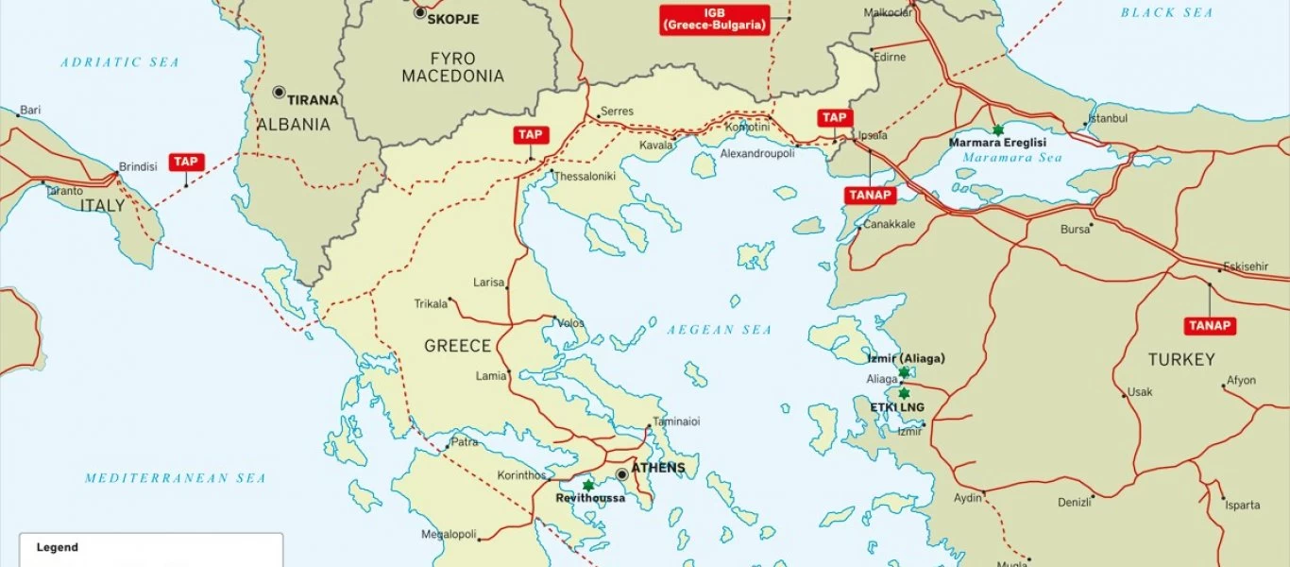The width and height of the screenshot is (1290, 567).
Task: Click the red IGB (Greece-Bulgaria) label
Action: pos(715,20)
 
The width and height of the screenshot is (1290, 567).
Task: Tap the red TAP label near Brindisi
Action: pos(186,162)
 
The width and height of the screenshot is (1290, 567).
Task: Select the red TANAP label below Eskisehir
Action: pos(1210,326)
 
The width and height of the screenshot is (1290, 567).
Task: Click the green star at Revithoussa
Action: pos(588,485)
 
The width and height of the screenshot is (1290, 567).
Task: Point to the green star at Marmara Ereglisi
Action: pos(997,129)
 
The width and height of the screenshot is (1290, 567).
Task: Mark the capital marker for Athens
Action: pos(621,474)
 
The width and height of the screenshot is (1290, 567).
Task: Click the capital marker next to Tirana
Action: pos(279,93)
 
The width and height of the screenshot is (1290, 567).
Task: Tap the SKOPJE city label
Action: pos(452,19)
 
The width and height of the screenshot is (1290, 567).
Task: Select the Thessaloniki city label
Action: pos(584,177)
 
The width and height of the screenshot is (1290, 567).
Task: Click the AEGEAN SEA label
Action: pos(719,330)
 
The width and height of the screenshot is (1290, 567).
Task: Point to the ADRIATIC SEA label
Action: pos(119,62)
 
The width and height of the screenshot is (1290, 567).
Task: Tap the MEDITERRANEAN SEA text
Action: pos(175,478)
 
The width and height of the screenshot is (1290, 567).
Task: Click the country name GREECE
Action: pos(457,346)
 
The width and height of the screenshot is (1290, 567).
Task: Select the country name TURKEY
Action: pos(1181,360)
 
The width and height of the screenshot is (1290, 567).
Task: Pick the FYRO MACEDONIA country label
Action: pos(452,67)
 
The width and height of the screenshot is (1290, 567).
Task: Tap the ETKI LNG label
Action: pos(898,407)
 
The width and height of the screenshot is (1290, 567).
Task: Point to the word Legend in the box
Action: pos(58,547)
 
